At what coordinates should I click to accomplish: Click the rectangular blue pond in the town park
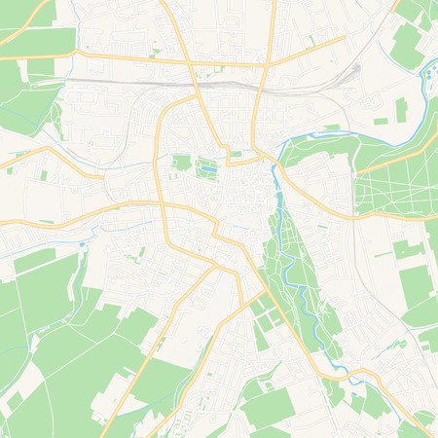[x=206, y=170]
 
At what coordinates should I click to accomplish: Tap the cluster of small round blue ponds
[x=429, y=74]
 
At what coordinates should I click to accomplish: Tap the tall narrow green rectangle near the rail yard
[x=400, y=109]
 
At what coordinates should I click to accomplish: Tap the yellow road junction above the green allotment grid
[x=264, y=289]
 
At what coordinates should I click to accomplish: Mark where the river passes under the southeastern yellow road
[x=344, y=373]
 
